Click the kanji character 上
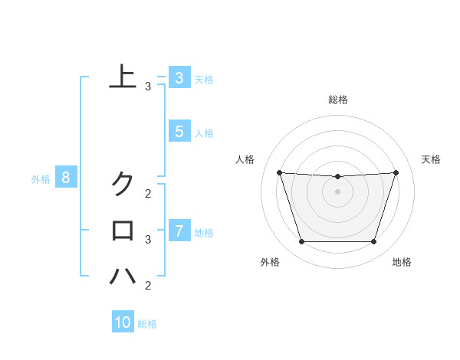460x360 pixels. (123, 77)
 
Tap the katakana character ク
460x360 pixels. (123, 184)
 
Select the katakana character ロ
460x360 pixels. (123, 230)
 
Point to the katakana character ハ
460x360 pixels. (123, 276)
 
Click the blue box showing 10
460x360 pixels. (123, 322)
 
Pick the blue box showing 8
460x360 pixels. (66, 178)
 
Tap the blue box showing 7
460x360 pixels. (179, 230)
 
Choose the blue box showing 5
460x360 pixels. (179, 132)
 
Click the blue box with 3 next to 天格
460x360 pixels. (179, 77)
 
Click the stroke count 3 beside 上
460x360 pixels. (148, 87)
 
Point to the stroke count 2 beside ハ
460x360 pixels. (148, 286)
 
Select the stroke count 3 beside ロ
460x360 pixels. (148, 240)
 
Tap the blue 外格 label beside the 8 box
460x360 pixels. (41, 179)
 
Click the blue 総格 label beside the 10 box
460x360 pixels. (147, 324)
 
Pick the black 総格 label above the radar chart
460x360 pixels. (338, 100)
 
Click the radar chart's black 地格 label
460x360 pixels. (402, 262)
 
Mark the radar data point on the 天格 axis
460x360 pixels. (396, 172)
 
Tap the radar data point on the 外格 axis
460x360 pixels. (301, 242)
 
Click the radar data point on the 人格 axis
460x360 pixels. (279, 172)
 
